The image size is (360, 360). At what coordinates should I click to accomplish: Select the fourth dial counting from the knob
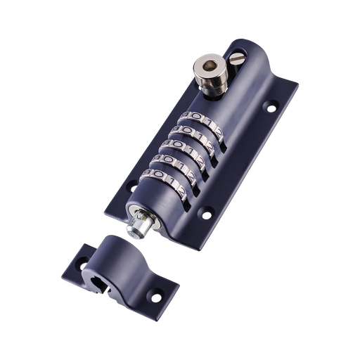pos(176,161)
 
